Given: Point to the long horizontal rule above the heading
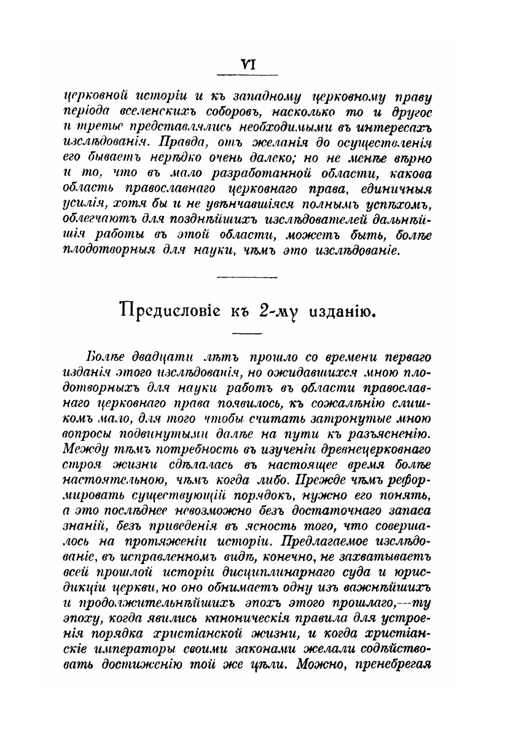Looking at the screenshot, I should (x=248, y=277).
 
